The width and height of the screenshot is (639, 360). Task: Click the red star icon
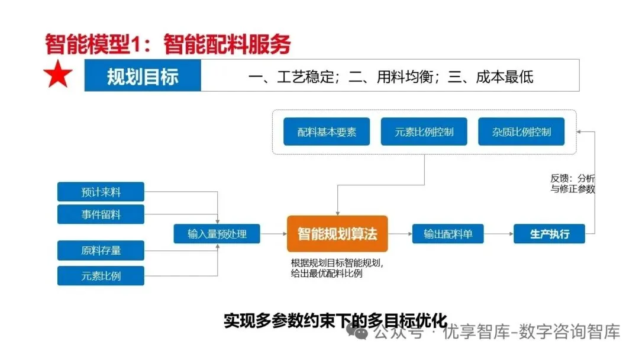58,75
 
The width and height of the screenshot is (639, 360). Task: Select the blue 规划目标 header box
143,76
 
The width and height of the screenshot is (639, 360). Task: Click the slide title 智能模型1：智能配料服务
167,44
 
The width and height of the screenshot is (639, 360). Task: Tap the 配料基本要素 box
327,131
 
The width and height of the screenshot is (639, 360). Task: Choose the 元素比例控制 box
424,131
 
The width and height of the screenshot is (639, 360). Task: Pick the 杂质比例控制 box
521,131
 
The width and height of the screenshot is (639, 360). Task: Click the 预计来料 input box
101,192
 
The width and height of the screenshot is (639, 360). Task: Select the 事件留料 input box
101,214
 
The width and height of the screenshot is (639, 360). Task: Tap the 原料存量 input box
101,250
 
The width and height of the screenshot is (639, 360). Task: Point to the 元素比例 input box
101,275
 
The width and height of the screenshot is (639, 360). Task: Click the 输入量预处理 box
217,234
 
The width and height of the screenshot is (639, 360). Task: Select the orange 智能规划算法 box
337,233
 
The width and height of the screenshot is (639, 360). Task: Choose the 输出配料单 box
448,234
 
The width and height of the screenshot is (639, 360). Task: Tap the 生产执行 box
550,234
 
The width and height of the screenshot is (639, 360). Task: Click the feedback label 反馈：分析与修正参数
572,184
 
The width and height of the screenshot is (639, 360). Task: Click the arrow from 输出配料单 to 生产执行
499,234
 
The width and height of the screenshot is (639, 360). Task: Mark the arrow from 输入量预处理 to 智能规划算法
274,234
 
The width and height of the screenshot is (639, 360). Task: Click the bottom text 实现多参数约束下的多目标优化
335,322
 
